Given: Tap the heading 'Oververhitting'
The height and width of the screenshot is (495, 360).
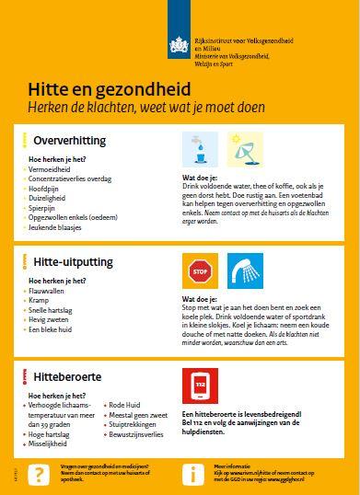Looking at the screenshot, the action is [69, 140].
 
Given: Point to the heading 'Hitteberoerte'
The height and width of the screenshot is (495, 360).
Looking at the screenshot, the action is [66, 376].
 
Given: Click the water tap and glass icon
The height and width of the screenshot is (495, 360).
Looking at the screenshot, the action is [199, 148].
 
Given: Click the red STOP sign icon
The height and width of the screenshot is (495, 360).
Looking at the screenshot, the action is [199, 271].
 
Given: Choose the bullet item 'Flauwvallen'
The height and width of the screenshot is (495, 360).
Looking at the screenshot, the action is [49, 291].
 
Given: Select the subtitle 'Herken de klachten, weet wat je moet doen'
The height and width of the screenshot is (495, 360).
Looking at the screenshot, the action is [145, 108].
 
